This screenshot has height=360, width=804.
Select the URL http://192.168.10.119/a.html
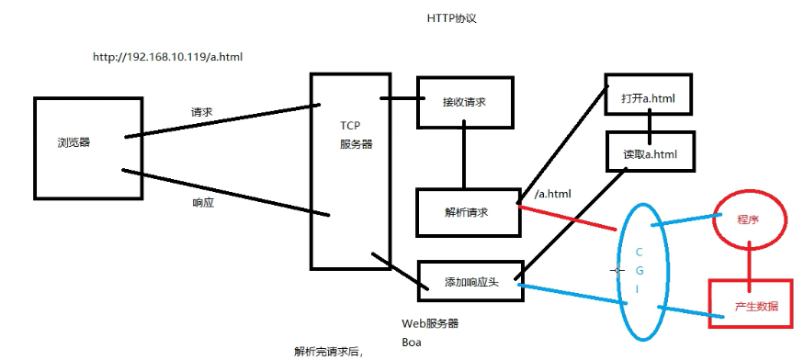tap(167, 57)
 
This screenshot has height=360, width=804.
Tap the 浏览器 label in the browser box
tap(73, 142)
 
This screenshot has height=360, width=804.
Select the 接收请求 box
tap(463, 100)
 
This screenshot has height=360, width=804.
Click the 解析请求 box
tap(466, 211)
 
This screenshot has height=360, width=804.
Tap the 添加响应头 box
tap(469, 281)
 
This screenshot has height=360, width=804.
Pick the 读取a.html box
tap(650, 153)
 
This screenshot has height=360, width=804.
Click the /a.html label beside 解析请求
tap(553, 194)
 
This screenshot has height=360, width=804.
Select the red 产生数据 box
tap(755, 305)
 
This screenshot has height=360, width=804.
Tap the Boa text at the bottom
tap(411, 342)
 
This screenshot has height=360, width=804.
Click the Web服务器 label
tap(430, 323)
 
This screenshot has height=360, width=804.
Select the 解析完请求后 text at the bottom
tap(328, 351)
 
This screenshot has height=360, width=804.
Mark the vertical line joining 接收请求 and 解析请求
tap(463, 155)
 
